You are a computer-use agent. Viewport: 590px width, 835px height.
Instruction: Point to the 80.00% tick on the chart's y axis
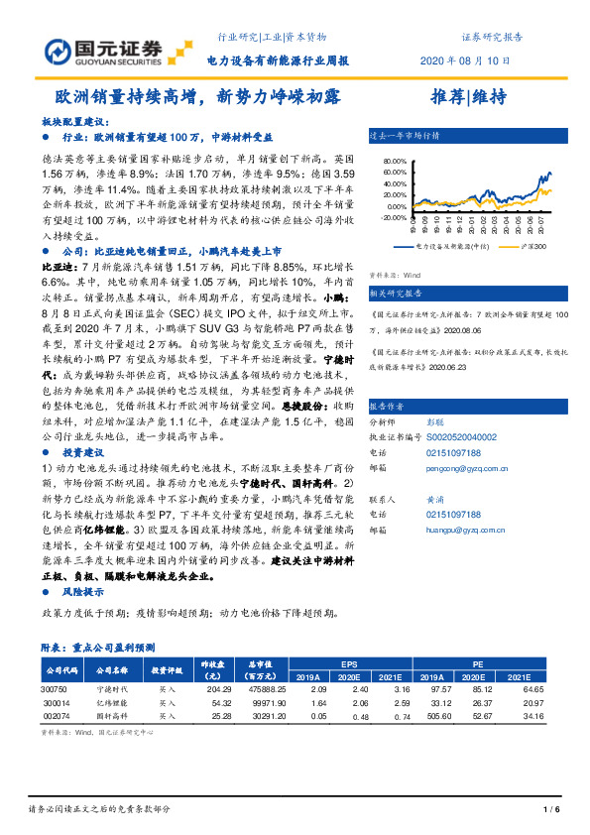click(394, 160)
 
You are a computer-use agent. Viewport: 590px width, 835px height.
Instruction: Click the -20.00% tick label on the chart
click(394, 217)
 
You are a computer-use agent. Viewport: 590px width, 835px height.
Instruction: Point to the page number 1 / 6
click(553, 810)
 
